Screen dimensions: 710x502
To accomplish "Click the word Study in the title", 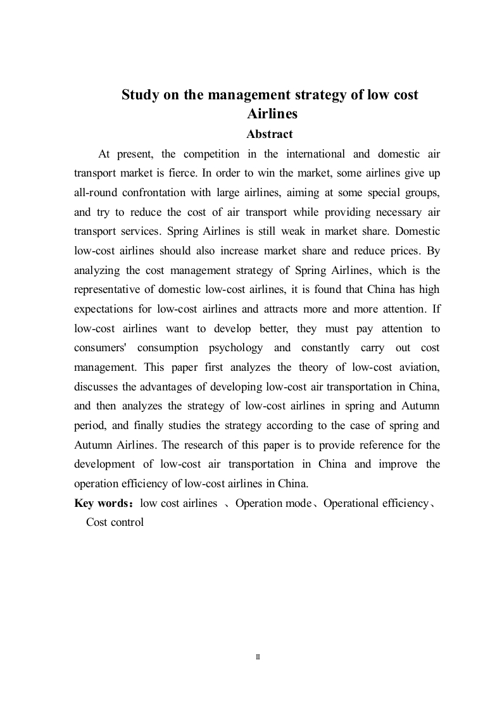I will tap(139, 95).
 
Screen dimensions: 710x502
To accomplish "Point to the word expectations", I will tap(104, 309).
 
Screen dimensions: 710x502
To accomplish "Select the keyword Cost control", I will tap(115, 522).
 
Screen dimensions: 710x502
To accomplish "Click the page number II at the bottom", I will tap(258, 657).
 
